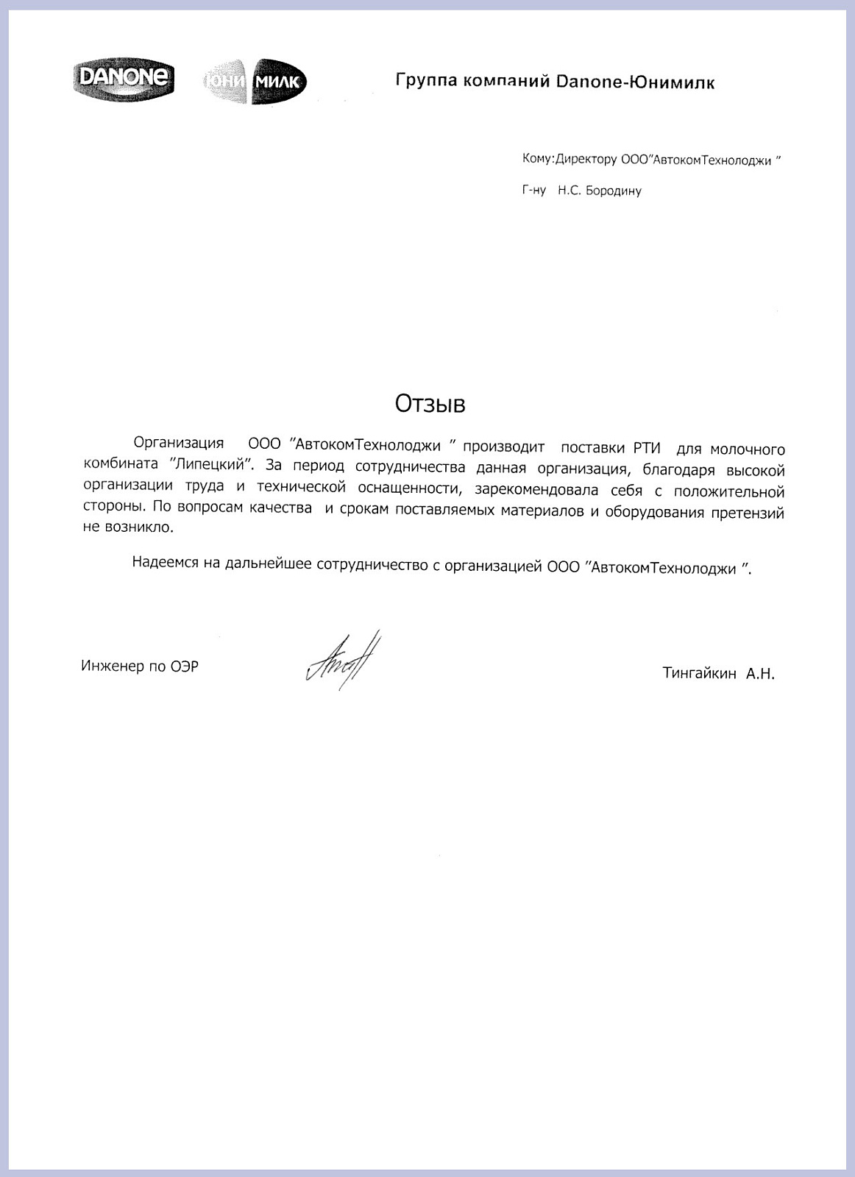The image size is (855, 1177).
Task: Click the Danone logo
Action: pyautogui.click(x=124, y=79)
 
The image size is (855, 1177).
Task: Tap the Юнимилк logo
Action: pyautogui.click(x=255, y=82)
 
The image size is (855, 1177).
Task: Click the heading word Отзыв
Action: pyautogui.click(x=430, y=403)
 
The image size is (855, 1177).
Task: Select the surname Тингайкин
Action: pyautogui.click(x=699, y=673)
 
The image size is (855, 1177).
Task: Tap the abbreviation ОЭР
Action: pyautogui.click(x=184, y=667)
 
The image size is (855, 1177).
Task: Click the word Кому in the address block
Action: pyautogui.click(x=536, y=159)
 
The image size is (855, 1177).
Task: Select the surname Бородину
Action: pyautogui.click(x=614, y=191)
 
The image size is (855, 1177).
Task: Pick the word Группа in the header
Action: pyautogui.click(x=425, y=80)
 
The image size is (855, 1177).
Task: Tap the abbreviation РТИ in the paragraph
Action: pyautogui.click(x=646, y=448)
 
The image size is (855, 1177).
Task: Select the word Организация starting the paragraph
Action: pyautogui.click(x=179, y=443)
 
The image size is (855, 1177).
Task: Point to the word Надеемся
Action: pyautogui.click(x=166, y=563)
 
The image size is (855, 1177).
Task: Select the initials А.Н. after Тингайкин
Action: pyautogui.click(x=760, y=673)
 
